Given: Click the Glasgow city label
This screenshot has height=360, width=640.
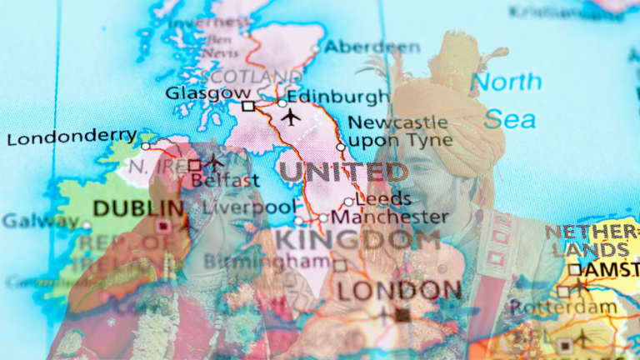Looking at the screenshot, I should pos(207,92).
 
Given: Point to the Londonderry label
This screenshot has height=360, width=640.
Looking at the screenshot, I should pos(72,136).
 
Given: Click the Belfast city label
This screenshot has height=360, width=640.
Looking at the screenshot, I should pos(221,179).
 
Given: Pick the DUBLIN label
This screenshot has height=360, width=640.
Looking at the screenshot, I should pos(137,207).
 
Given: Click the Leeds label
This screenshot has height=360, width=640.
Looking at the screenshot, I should pos(382,199).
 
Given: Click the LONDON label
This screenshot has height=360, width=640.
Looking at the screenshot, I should pos(398,290).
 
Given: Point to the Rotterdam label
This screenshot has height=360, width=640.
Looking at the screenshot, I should pos(563,307).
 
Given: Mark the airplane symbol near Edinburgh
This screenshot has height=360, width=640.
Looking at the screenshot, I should pos(291,117).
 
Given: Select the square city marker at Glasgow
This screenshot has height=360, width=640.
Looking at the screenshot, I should pos(248,106).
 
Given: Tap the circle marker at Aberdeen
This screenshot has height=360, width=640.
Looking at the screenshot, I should pos(316,49).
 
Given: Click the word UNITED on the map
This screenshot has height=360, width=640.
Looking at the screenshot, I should pos(342,172).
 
